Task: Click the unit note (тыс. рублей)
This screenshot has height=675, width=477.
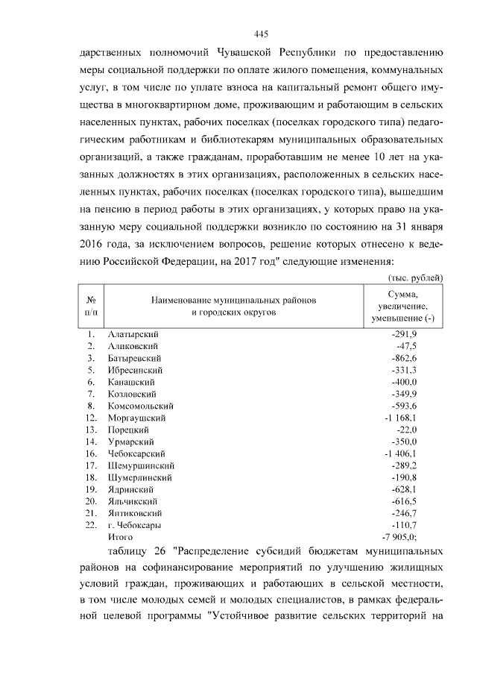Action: click(x=417, y=277)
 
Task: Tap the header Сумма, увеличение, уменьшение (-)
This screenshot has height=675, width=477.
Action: click(x=402, y=307)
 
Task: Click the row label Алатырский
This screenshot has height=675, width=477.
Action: click(x=133, y=334)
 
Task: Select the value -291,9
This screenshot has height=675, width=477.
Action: click(x=405, y=334)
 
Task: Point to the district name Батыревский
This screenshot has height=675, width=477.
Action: click(x=136, y=358)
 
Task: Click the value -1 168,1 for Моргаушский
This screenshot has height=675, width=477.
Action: click(x=400, y=418)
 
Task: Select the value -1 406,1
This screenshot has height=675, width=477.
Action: click(x=400, y=453)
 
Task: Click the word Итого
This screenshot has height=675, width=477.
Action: click(x=121, y=537)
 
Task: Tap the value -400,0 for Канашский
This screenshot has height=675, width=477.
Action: click(x=405, y=382)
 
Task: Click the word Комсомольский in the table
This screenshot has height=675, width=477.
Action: click(x=141, y=406)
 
